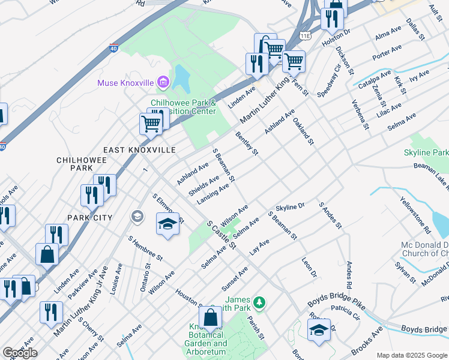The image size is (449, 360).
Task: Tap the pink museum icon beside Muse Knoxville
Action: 162,82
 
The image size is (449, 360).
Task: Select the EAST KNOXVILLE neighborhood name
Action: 139,149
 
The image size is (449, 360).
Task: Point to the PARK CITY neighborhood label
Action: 91,217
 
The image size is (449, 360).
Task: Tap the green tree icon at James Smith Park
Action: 259,302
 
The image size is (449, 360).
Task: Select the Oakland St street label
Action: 303,130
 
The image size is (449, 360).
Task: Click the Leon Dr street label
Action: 309,268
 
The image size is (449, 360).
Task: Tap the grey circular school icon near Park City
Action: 137,216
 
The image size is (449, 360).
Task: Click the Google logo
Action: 20,353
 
